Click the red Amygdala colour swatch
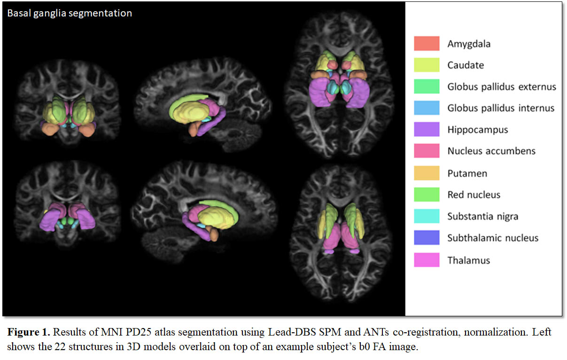(x=427, y=44)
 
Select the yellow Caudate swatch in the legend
(x=427, y=65)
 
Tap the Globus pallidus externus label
(x=501, y=87)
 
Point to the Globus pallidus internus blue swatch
(x=427, y=108)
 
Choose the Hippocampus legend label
(x=477, y=130)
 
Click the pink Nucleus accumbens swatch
(x=427, y=151)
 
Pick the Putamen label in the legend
(x=467, y=173)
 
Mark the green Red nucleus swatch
(x=427, y=195)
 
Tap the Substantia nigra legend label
(x=482, y=216)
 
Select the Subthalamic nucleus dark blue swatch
(x=427, y=237)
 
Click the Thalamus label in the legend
(x=468, y=260)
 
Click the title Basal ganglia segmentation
(x=69, y=13)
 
